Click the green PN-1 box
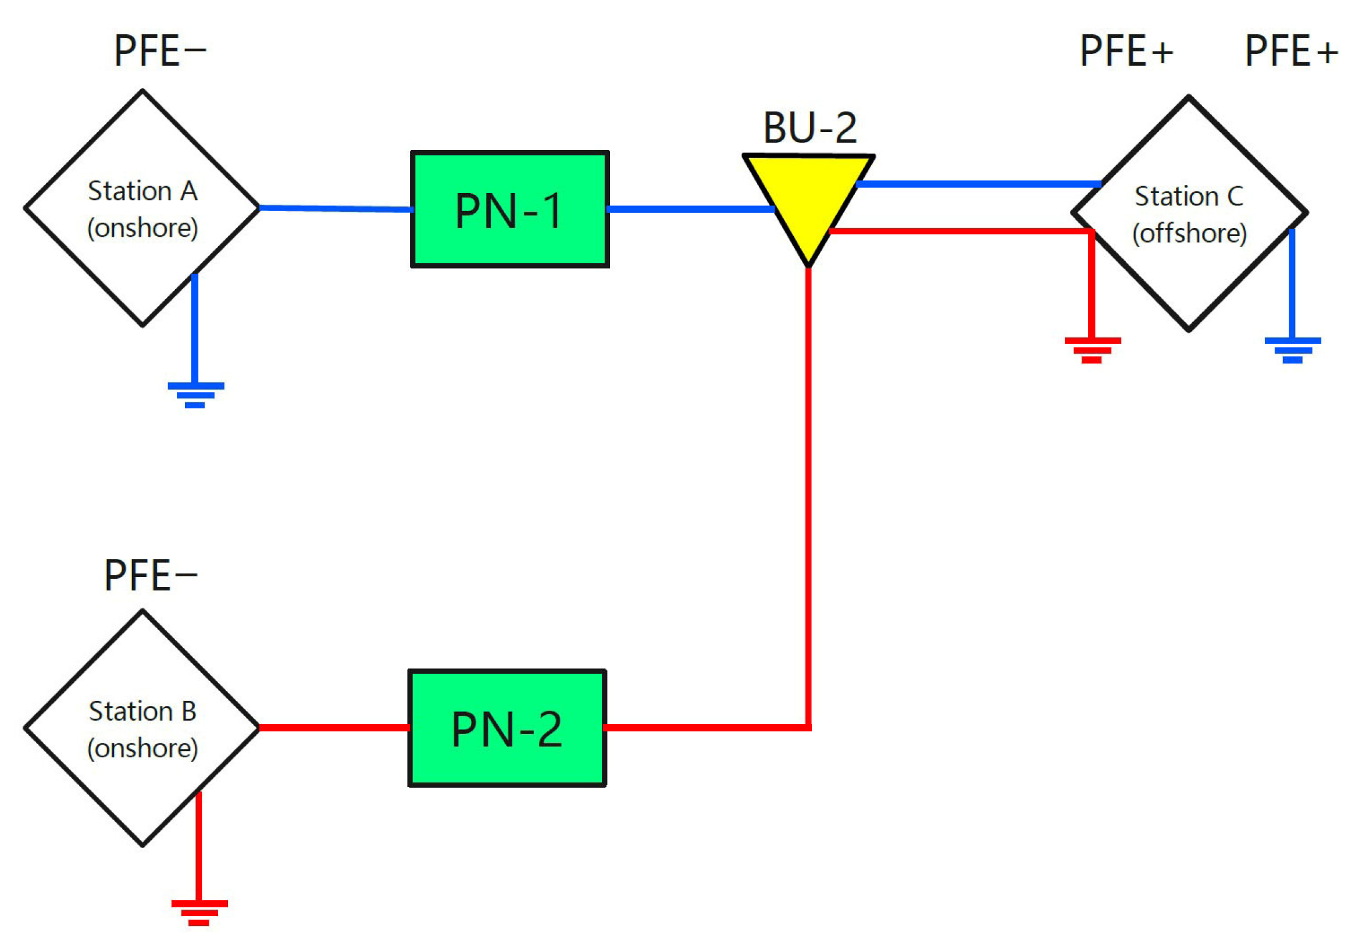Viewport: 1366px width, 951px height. [509, 209]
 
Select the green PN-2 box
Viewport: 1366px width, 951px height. [507, 728]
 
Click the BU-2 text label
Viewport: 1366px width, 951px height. [809, 128]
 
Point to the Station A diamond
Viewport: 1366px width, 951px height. [142, 208]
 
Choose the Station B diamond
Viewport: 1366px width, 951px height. [142, 728]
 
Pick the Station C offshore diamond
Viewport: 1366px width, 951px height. [1189, 213]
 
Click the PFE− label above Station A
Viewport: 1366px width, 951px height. [159, 51]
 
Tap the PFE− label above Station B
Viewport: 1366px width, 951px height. [150, 575]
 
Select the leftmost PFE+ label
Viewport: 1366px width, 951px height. [1126, 51]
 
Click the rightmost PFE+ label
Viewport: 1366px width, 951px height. [1291, 51]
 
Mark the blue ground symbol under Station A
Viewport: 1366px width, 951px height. [195, 394]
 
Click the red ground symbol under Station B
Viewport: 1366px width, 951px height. [199, 912]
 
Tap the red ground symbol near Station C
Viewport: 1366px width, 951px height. [1092, 350]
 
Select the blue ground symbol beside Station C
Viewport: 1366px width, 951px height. [1292, 350]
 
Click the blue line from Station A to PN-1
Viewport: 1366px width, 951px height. [336, 208]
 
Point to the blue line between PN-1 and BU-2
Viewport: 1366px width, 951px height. [690, 209]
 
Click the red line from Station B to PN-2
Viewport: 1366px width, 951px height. [334, 727]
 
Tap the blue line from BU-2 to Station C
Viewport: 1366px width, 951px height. [979, 184]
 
